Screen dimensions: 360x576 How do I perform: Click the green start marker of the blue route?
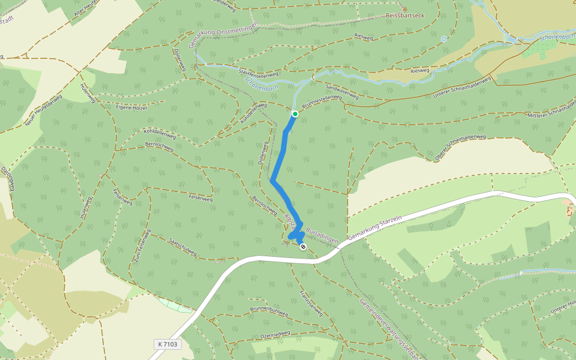[295, 113]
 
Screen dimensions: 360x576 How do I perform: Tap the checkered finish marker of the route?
[302, 246]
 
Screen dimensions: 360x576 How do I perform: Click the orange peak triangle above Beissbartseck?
[404, 9]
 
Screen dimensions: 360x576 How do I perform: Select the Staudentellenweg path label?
[259, 74]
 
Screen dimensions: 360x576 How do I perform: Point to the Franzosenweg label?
[311, 303]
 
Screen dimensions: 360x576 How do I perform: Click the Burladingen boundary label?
[322, 235]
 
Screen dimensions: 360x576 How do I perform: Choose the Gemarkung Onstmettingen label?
[223, 35]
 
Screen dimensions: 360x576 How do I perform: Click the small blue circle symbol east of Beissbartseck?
[444, 39]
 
